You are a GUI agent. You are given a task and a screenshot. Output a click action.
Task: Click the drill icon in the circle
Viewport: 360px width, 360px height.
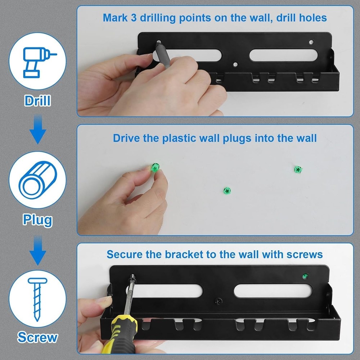pos(37,63)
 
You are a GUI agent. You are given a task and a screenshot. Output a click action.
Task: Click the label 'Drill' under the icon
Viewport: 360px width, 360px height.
pos(37,100)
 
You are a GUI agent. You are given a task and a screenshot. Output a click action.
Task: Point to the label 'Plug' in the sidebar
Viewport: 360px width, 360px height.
pos(37,219)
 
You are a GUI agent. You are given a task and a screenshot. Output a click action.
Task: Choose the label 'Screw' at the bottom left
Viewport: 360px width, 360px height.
pos(37,337)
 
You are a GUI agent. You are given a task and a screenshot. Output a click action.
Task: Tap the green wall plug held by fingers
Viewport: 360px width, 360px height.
pos(155,167)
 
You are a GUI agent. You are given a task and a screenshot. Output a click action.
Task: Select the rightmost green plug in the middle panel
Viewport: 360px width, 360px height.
pos(298,169)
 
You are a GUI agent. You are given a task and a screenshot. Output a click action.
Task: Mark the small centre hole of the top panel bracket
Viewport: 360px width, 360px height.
pos(235,65)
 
